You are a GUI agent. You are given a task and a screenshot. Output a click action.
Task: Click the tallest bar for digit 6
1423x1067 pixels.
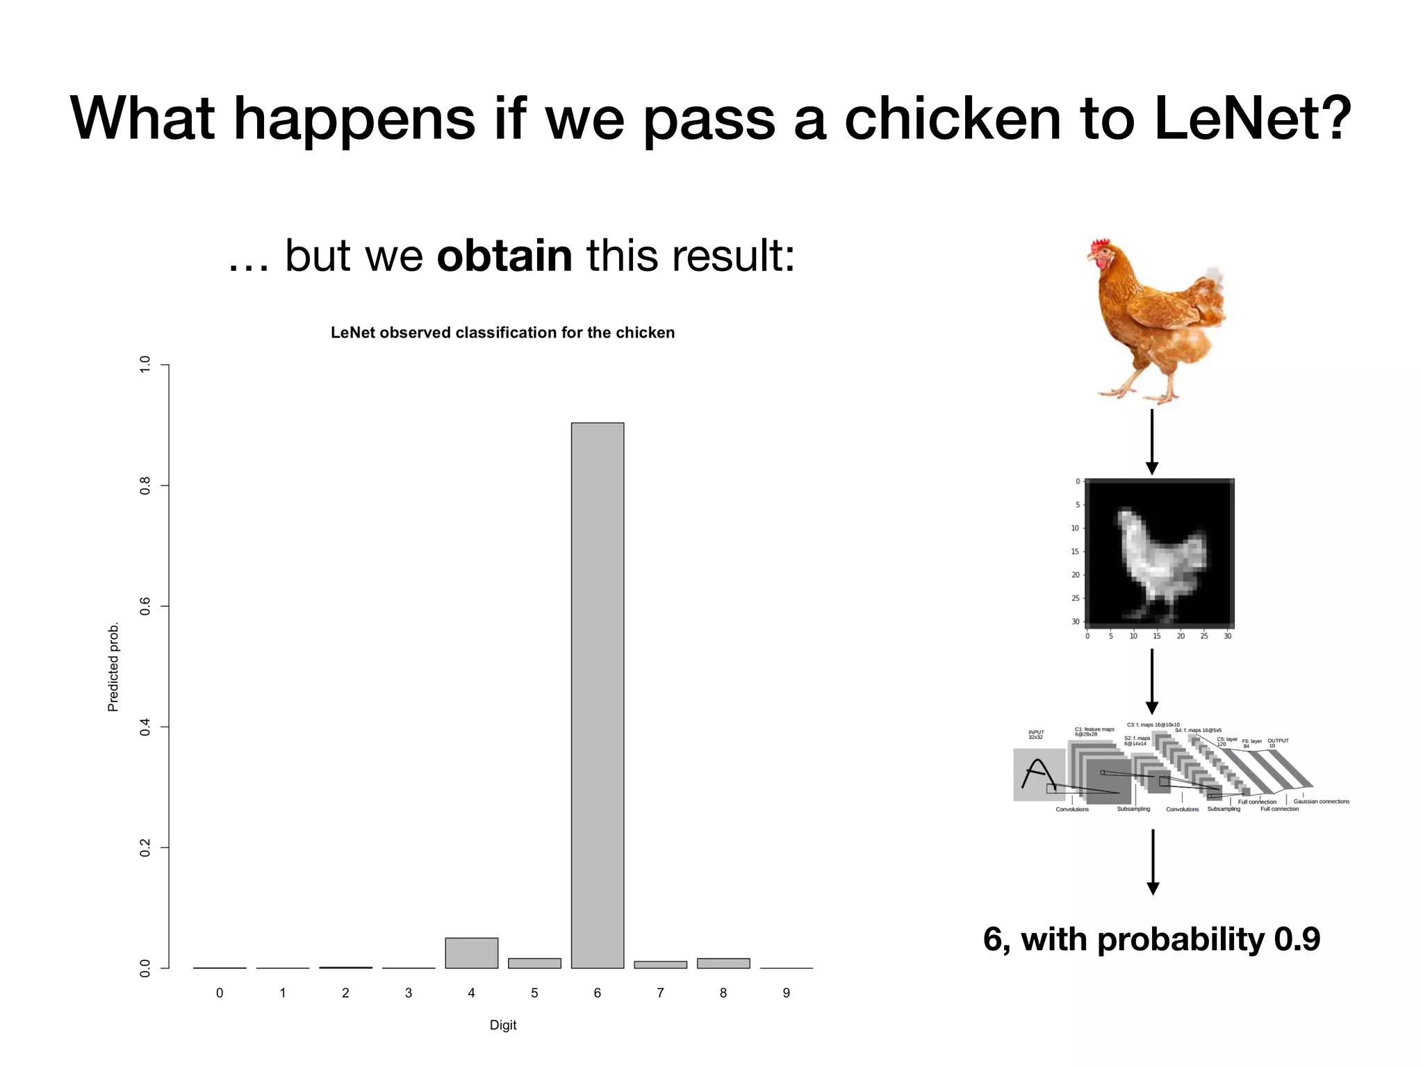click(597, 695)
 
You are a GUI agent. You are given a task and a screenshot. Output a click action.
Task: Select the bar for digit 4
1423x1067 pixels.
click(471, 952)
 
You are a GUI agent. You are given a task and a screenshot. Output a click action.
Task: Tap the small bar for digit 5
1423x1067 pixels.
click(534, 963)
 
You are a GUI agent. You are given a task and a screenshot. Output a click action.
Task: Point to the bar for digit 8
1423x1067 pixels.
click(723, 963)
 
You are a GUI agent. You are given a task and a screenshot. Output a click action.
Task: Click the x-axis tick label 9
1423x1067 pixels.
click(786, 993)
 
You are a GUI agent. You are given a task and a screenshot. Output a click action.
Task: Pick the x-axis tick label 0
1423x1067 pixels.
click(220, 993)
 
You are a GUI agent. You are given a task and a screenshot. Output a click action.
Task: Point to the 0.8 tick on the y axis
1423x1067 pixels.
click(145, 486)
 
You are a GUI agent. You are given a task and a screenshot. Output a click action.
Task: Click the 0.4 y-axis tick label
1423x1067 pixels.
click(145, 727)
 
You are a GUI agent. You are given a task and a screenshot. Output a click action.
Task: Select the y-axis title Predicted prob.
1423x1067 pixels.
click(113, 667)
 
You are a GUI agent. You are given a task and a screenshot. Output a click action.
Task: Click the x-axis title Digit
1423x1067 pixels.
click(503, 1025)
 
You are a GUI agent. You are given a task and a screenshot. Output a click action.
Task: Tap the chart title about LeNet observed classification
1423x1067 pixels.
click(502, 333)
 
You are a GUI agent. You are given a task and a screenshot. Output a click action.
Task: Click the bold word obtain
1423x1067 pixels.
click(504, 256)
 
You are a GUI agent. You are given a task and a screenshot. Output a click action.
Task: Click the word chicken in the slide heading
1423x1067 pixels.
click(953, 118)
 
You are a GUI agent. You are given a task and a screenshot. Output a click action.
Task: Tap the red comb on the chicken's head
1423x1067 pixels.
click(1100, 246)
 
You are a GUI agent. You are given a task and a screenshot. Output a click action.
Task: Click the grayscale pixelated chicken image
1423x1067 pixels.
click(1159, 554)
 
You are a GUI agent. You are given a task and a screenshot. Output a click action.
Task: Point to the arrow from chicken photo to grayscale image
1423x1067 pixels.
click(1151, 442)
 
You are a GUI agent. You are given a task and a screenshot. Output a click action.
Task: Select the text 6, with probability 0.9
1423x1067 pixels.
click(1151, 939)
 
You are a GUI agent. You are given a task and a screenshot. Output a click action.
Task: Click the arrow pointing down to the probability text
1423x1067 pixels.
click(1153, 861)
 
